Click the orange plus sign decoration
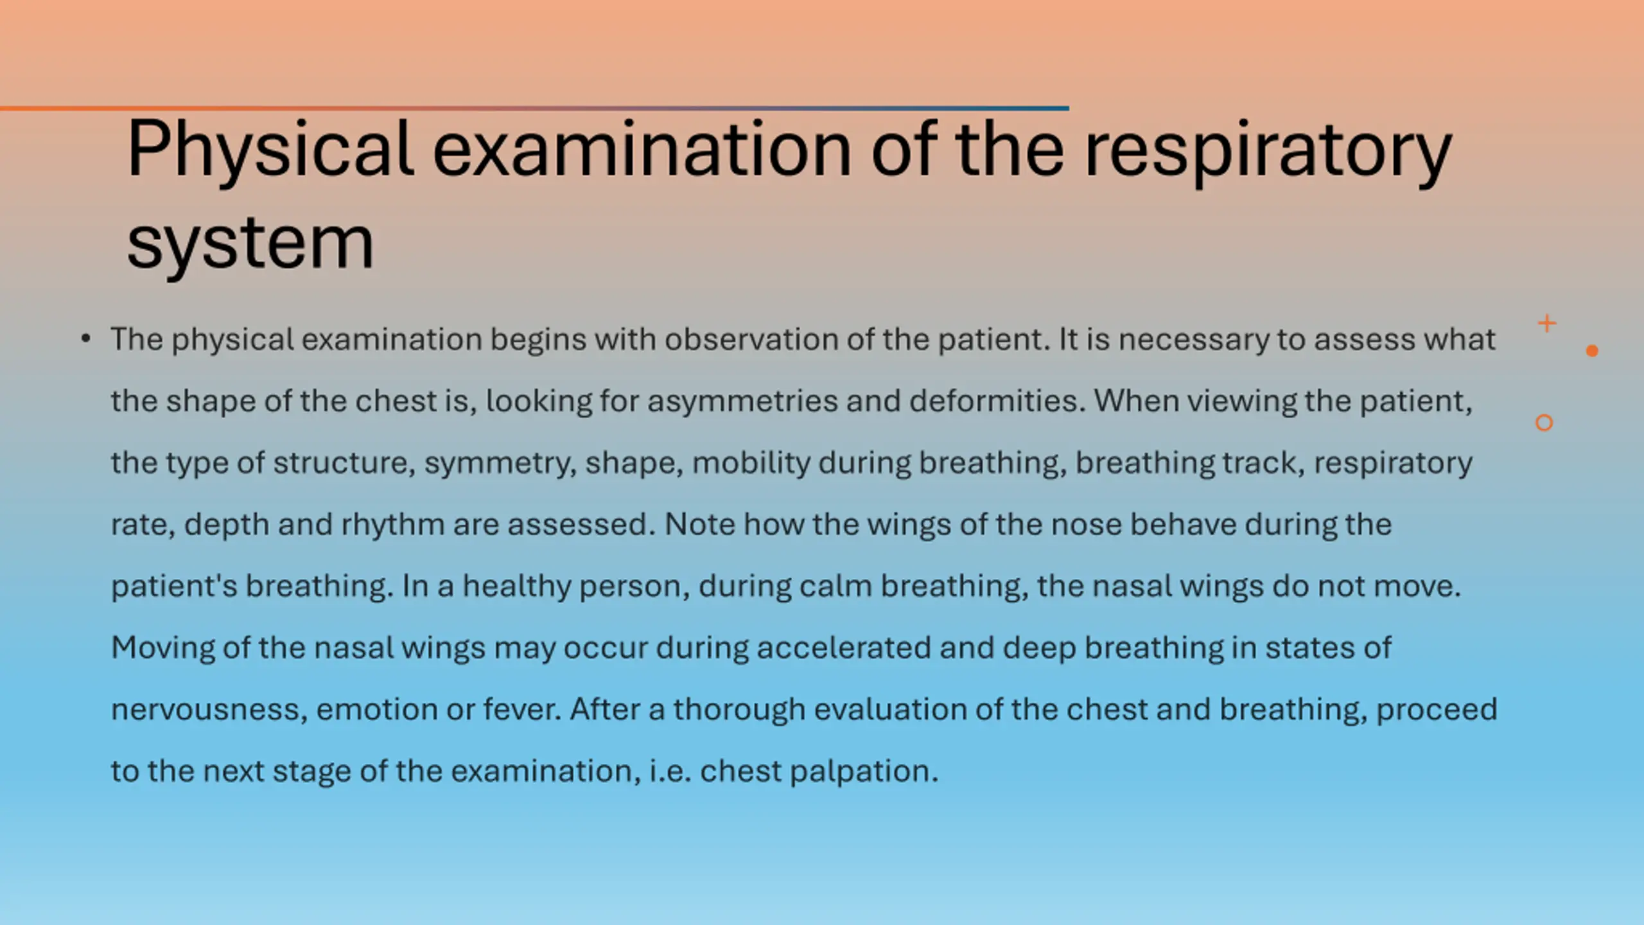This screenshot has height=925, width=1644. coord(1547,323)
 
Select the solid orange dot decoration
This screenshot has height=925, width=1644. coord(1592,350)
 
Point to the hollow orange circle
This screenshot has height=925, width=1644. coord(1544,423)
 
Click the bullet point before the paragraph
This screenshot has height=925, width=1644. coord(86,339)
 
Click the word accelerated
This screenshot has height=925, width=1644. coord(844,647)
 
